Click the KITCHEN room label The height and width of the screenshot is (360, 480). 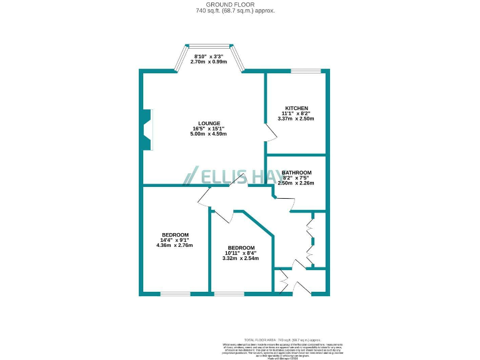tap(296, 107)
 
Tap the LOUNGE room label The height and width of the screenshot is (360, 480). tap(209, 123)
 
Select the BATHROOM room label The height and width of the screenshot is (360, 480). tap(296, 172)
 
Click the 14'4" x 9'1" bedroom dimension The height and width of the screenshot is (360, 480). tap(174, 240)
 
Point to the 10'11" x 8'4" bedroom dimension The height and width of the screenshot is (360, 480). tap(241, 253)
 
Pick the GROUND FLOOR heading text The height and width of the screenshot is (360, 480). tap(240, 4)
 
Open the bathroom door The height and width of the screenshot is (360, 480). tap(284, 203)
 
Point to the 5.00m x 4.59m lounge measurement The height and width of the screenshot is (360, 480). tap(209, 134)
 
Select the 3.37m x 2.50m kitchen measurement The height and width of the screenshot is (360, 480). tap(296, 119)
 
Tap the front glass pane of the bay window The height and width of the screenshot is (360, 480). tap(209, 44)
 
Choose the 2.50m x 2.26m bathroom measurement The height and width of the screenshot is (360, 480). tap(296, 183)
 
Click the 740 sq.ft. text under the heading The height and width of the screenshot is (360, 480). tap(240, 11)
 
